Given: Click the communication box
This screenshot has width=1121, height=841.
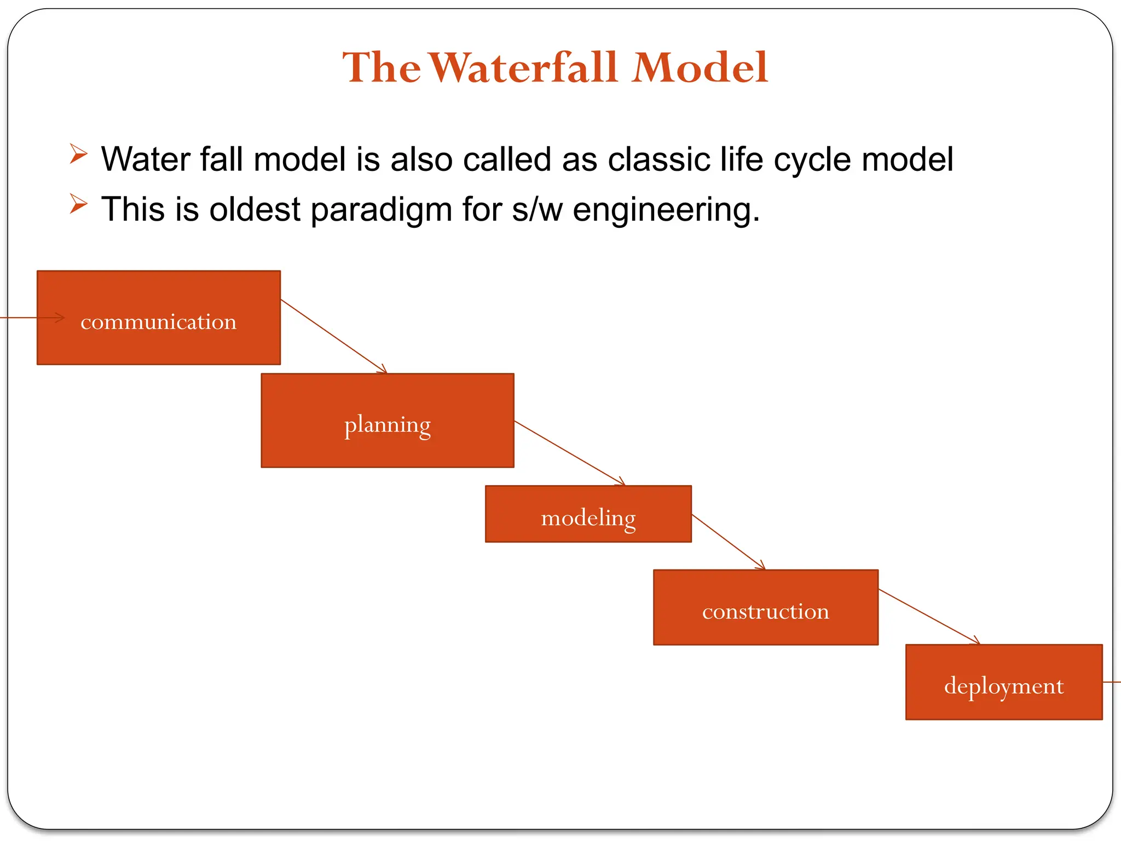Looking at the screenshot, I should (159, 318).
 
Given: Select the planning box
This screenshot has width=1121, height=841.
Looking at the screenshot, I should (388, 420).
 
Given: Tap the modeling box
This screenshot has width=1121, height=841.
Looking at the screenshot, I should (588, 514).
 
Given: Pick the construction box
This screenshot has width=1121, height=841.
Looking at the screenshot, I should (766, 608).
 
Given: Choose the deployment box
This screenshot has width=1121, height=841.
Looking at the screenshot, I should (1004, 682).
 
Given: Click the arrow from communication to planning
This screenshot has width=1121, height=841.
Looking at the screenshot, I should (334, 336).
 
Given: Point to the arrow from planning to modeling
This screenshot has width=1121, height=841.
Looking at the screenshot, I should (569, 453).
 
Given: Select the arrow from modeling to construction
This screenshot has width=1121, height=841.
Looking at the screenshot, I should (728, 542).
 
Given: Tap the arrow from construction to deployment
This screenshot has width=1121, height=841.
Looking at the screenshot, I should (929, 617).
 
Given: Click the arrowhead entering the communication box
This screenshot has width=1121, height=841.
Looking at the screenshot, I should (59, 318).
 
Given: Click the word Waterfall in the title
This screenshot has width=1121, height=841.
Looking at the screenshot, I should (524, 67).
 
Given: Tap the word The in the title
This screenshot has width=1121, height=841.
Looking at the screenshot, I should (382, 67).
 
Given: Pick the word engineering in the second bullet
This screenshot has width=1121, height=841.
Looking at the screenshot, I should (666, 211).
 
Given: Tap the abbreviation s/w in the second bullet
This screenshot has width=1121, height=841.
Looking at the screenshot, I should (537, 210).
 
